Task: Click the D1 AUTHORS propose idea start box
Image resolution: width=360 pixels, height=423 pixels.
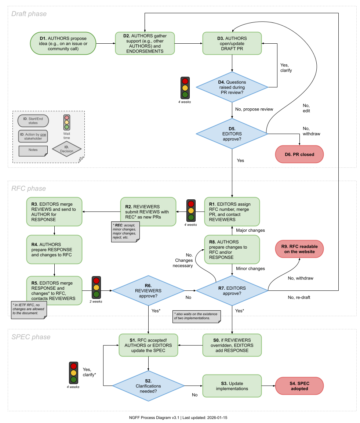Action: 63,43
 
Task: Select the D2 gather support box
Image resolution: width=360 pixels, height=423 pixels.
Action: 145,43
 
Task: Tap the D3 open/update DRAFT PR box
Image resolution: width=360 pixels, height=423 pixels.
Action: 232,43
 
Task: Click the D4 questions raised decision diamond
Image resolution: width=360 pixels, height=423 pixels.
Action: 232,87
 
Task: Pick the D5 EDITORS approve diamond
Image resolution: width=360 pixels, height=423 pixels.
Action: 232,134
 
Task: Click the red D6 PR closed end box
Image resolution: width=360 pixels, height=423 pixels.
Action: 299,154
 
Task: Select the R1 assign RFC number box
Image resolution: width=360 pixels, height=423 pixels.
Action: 232,211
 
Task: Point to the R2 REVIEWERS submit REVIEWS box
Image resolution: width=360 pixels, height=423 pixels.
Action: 148,211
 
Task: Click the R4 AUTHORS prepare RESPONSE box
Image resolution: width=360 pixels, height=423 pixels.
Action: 54,250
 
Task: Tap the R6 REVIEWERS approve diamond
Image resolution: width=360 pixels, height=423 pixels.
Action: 148,290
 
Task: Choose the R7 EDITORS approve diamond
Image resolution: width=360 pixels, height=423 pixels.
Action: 232,290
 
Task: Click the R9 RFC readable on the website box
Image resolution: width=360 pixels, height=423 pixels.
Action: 299,249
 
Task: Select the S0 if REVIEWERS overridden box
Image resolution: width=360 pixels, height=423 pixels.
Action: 232,345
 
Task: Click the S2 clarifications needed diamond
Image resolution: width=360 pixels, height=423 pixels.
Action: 148,386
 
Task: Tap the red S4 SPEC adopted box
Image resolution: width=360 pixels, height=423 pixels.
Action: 299,386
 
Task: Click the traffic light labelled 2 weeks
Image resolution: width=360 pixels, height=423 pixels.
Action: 97,288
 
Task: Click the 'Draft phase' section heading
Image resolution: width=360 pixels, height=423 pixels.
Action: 29,14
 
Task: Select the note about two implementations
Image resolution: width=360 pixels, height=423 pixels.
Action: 197,316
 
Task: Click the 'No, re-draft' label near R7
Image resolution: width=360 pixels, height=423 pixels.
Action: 299,297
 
